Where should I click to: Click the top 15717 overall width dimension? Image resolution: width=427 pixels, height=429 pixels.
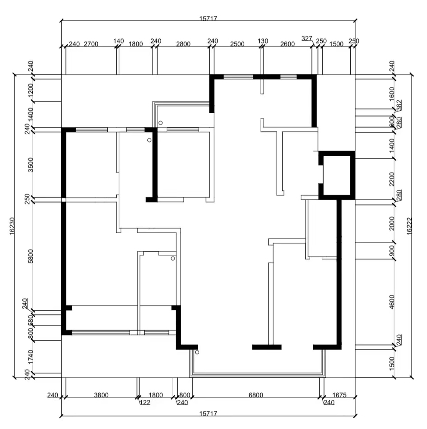(208, 19)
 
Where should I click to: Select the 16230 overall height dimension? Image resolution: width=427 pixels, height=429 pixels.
(12, 226)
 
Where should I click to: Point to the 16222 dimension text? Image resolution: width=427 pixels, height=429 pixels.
(409, 226)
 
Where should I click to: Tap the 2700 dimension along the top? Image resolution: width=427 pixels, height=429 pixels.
(91, 44)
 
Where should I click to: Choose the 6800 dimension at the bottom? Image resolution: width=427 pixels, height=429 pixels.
(256, 395)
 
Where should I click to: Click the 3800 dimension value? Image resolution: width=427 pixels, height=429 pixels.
(101, 395)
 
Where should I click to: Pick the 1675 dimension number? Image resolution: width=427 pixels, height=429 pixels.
(340, 395)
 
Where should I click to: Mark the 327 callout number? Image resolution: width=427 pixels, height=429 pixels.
(307, 38)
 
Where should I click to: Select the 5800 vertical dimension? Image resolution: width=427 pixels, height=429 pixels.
(31, 256)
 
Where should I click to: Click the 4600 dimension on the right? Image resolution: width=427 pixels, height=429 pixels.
(392, 302)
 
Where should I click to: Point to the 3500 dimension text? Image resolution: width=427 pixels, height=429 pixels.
(31, 165)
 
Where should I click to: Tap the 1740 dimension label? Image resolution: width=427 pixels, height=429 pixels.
(31, 357)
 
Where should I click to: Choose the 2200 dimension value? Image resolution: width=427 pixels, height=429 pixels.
(392, 179)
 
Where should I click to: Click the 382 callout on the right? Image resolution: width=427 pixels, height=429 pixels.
(399, 105)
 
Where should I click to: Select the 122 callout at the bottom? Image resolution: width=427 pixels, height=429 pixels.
(145, 402)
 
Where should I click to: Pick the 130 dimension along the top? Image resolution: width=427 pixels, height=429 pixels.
(263, 41)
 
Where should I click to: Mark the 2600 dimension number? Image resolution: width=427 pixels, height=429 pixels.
(287, 44)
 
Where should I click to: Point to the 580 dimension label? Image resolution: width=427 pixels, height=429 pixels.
(31, 321)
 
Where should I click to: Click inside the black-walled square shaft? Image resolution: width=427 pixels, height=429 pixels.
(337, 176)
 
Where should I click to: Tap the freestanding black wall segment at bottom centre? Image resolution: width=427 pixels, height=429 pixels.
(267, 347)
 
